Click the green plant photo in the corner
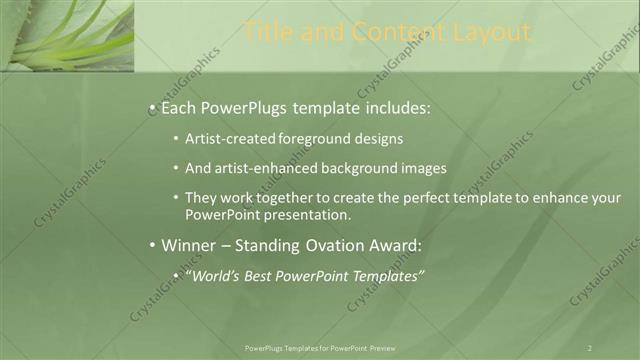tap(66, 35)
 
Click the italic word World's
tap(215, 276)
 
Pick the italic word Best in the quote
tap(264, 276)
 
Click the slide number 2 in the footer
tap(590, 348)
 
